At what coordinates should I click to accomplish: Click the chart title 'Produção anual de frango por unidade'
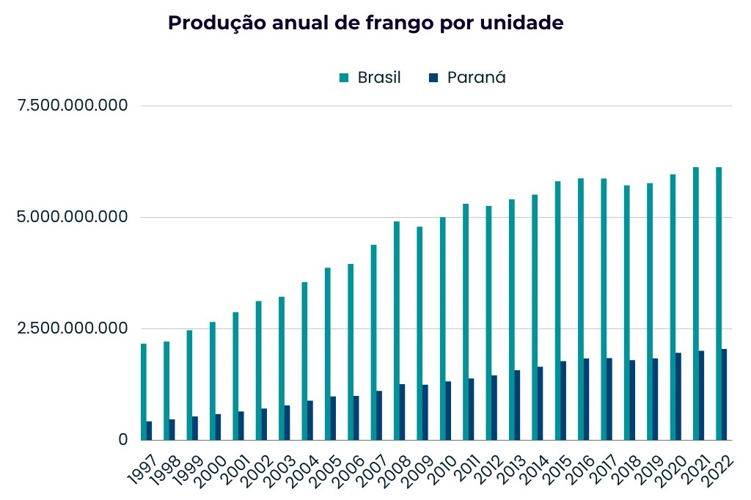(x=366, y=23)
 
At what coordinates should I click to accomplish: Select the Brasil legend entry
(x=370, y=78)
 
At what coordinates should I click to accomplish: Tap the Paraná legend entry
(x=467, y=78)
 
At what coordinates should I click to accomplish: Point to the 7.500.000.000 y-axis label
(x=73, y=106)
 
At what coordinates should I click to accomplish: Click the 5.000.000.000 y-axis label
(x=73, y=217)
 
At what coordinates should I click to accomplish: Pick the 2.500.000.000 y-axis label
(x=73, y=328)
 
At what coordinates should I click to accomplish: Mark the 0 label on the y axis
(x=123, y=440)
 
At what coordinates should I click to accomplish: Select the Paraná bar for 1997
(x=149, y=430)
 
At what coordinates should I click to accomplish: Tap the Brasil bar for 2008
(x=397, y=330)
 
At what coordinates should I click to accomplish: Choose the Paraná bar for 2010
(x=448, y=411)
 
